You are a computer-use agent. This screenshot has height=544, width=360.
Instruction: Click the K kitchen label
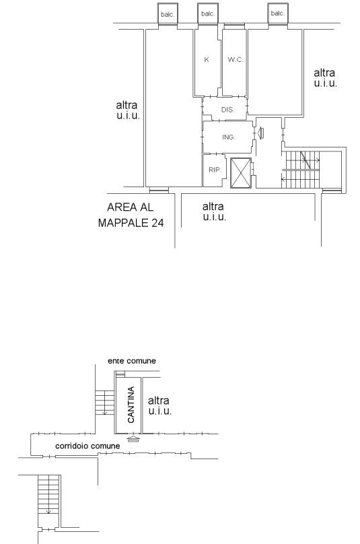tap(207, 60)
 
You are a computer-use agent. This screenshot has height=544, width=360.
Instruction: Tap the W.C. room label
tap(236, 60)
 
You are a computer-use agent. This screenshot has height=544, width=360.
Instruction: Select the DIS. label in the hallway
tap(228, 110)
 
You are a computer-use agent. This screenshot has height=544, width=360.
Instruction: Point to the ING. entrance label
tap(229, 137)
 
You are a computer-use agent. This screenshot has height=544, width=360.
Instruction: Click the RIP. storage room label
tap(215, 170)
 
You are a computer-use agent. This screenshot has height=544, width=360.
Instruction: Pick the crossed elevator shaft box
tap(241, 173)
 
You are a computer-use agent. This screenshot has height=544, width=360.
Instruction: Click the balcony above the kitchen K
tap(208, 14)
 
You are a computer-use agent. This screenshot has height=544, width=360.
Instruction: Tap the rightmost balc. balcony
tap(278, 13)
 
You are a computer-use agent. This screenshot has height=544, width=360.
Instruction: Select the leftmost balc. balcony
tap(168, 14)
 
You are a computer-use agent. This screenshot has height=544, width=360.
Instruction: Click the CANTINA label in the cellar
tap(131, 405)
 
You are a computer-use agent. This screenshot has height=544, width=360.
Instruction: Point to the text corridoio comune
tap(87, 446)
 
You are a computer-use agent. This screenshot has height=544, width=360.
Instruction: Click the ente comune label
tap(132, 361)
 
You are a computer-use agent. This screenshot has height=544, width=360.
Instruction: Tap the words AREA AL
tap(130, 207)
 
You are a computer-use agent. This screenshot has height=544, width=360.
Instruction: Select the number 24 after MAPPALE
tap(157, 223)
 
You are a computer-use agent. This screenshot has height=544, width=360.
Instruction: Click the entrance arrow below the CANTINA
tap(133, 439)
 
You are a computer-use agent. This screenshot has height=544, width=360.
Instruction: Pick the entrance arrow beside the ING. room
tap(260, 133)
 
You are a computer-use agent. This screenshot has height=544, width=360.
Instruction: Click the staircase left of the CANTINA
tap(105, 403)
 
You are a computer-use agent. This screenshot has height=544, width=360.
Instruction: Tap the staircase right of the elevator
tap(301, 169)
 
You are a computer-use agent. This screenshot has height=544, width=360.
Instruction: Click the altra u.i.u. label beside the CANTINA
tap(160, 406)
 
